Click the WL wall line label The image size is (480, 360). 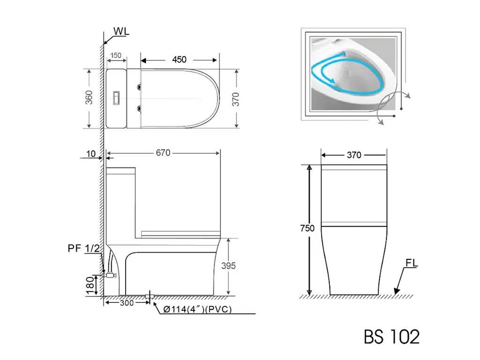[121, 31]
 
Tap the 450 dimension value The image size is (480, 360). [179, 60]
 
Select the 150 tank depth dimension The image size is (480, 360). [116, 55]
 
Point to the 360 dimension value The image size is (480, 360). [89, 97]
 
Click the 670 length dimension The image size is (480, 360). [163, 152]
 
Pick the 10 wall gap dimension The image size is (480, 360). [91, 154]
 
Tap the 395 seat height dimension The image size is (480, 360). [228, 265]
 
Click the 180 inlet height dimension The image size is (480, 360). [90, 285]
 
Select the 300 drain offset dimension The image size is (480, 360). [127, 303]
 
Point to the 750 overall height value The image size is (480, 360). [307, 228]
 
